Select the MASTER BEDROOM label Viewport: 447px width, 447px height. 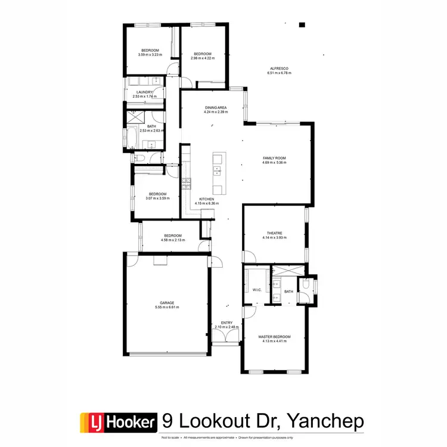pos(274,337)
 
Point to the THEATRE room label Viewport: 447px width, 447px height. pos(274,233)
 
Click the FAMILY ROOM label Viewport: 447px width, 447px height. pos(274,158)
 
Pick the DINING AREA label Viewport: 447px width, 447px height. pos(216,108)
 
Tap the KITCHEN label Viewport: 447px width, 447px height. pos(207,199)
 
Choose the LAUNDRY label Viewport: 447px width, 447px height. pos(145,92)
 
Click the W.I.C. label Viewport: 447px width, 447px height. pos(258,290)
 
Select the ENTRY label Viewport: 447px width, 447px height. pos(226,323)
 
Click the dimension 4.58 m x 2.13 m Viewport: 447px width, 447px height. pos(173,240)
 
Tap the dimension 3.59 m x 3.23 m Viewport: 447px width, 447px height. pos(150,55)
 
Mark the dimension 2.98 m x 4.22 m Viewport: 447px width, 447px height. pos(203,58)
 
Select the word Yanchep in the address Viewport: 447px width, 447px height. pos(326,422)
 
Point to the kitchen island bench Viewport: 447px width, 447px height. pos(218,173)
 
